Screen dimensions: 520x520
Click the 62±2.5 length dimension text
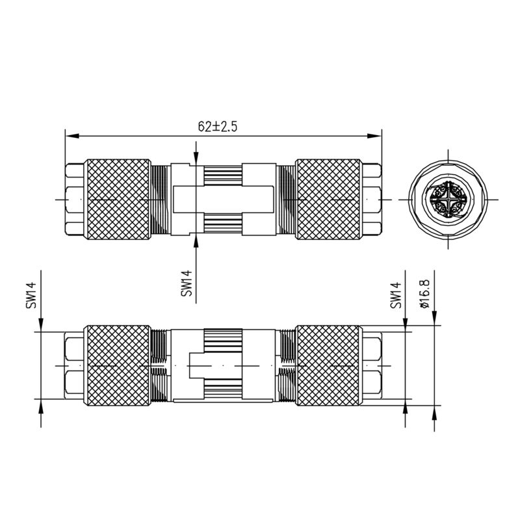(218, 127)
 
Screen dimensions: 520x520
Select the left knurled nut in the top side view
(119, 198)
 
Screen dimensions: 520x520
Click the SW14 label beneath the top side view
(188, 283)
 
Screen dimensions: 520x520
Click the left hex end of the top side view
(75, 198)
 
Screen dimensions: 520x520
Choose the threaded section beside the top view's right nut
(285, 198)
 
